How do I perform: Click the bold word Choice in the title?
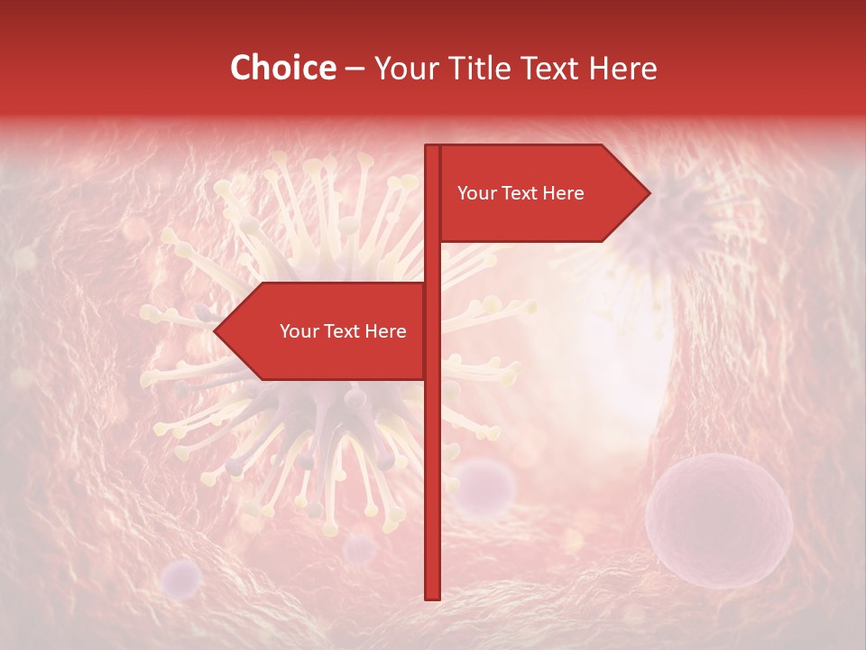coord(282,69)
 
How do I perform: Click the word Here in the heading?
coord(622,69)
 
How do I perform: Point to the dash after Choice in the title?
coord(355,70)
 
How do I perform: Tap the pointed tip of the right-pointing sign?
coord(647,193)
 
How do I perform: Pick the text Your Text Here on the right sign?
coord(521,193)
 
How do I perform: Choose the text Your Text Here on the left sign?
coord(343,331)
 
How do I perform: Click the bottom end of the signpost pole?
coord(432,596)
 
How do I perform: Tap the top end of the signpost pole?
coord(432,148)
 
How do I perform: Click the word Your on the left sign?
coord(298,331)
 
